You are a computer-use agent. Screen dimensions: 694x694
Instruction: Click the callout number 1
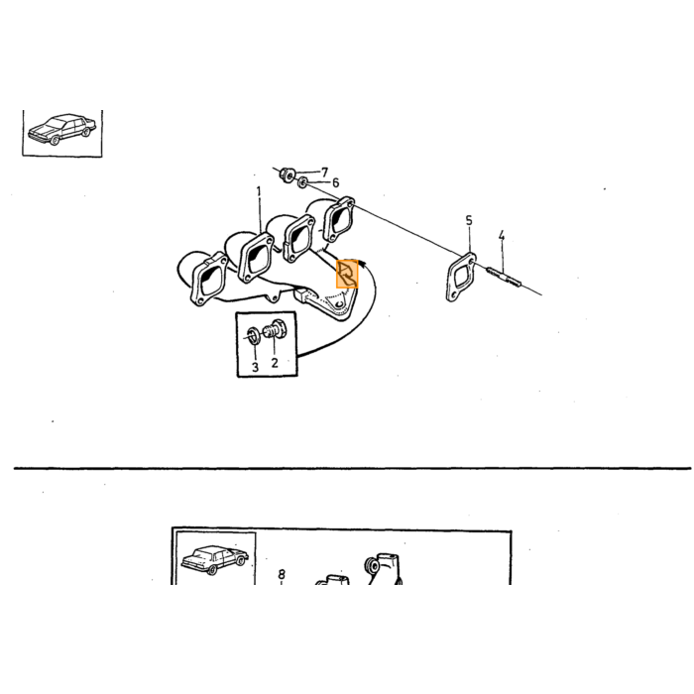point(259,191)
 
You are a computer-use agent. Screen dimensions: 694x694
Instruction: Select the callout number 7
point(324,172)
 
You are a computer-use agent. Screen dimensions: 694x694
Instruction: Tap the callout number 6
point(335,182)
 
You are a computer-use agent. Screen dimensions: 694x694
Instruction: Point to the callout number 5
point(469,220)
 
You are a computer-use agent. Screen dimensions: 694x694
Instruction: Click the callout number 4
point(501,236)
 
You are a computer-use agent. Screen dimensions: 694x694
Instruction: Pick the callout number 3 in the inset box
point(255,367)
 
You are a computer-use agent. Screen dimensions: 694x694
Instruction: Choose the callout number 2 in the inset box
point(275,363)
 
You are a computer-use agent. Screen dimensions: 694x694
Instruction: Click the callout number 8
point(282,574)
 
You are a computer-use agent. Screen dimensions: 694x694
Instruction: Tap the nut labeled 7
point(288,174)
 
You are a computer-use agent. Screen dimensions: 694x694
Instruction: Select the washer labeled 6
point(302,181)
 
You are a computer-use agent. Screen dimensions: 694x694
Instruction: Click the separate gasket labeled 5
point(461,277)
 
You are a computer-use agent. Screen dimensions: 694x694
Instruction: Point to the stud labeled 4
point(504,276)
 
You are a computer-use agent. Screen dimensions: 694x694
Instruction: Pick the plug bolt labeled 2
point(276,330)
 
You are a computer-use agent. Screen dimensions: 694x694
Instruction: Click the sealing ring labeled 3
point(253,336)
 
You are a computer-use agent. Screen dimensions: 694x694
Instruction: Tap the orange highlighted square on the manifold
point(347,274)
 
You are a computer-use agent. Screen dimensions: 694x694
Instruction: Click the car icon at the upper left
point(61,129)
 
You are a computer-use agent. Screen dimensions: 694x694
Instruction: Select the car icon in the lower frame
point(215,559)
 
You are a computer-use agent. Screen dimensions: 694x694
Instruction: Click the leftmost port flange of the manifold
point(209,279)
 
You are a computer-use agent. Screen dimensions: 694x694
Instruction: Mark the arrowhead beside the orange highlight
point(363,264)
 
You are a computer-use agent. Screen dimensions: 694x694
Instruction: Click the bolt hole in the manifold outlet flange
point(339,305)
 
